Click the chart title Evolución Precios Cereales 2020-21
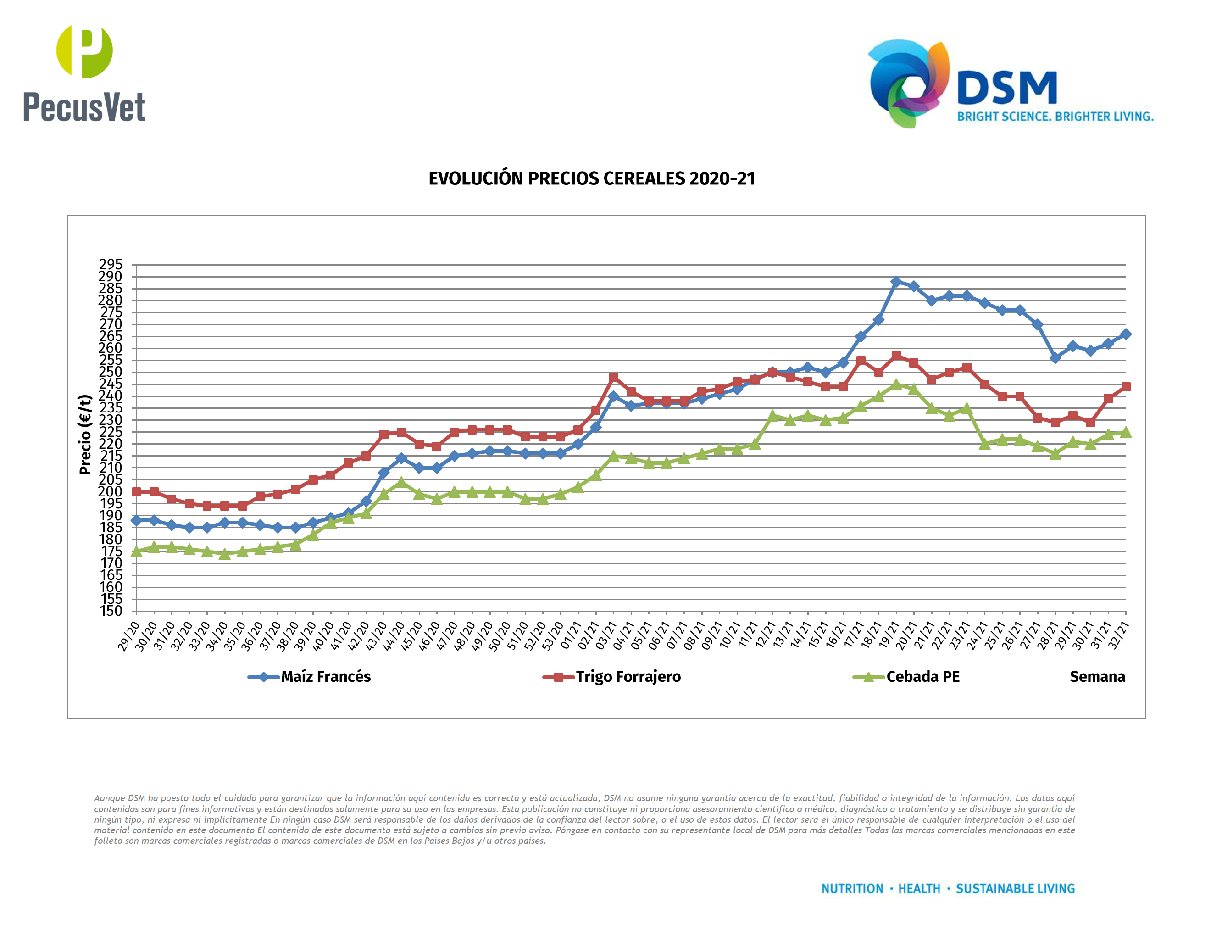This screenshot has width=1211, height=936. [592, 178]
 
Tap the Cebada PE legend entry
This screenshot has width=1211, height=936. [922, 676]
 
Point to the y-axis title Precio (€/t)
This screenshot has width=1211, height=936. [85, 435]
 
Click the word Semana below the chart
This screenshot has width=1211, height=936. [1097, 676]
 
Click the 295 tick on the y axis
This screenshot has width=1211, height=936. [111, 264]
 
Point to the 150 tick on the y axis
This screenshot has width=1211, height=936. [111, 611]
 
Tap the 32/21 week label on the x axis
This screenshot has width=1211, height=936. [1118, 636]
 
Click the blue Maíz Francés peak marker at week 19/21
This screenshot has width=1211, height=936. [896, 282]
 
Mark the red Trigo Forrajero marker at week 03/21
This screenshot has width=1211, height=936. [613, 377]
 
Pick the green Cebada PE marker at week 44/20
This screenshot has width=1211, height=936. [401, 482]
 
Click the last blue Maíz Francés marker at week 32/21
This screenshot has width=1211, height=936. [1126, 334]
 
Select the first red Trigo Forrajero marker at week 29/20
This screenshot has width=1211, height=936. [136, 492]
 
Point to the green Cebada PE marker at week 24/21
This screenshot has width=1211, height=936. [985, 444]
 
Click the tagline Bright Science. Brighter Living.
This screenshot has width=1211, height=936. [1055, 117]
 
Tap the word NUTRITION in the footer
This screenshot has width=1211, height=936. [852, 889]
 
